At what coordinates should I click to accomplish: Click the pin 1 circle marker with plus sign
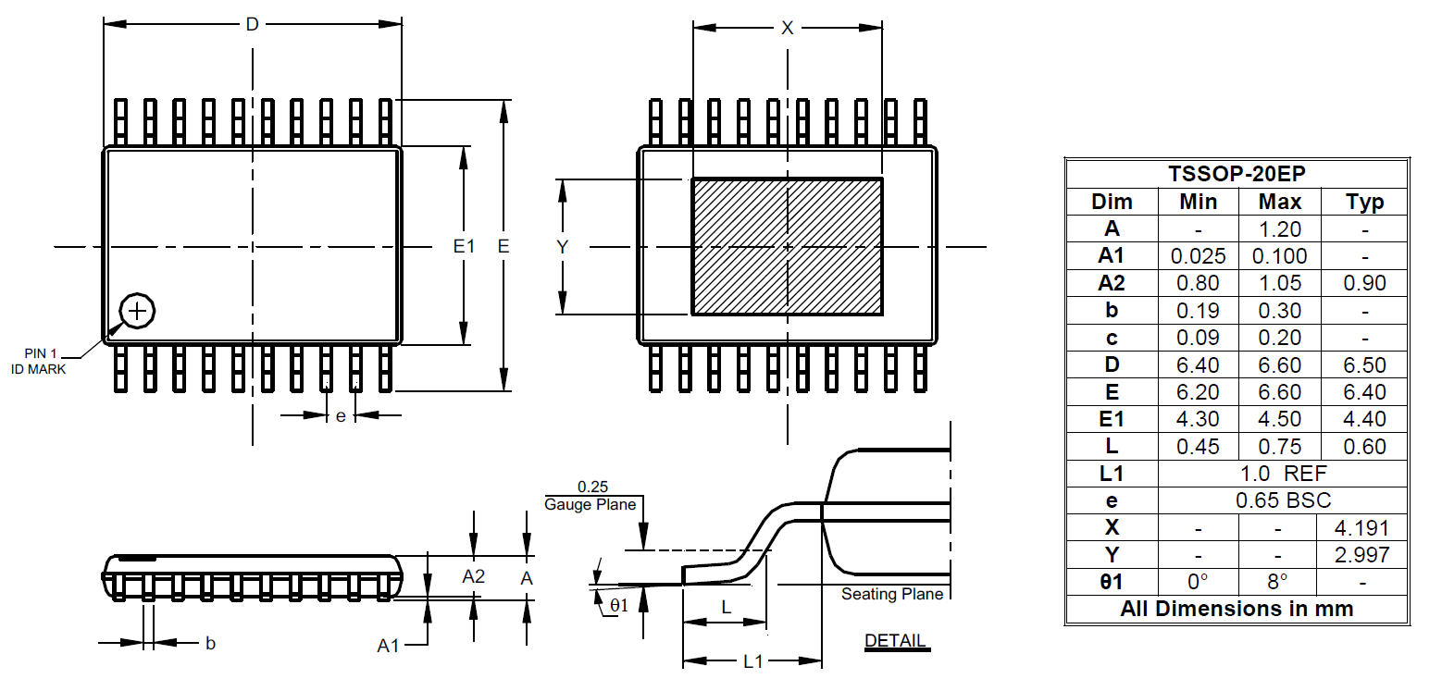tap(137, 311)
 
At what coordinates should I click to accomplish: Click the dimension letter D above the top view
tap(252, 25)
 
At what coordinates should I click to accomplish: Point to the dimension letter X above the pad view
tap(788, 28)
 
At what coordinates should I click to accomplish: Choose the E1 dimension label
tap(464, 246)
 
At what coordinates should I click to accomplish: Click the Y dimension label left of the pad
tap(562, 246)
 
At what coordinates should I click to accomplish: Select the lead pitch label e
tap(341, 416)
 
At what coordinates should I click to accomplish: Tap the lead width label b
tap(211, 643)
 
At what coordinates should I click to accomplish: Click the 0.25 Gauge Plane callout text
tap(590, 496)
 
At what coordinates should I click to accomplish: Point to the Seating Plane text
tap(891, 594)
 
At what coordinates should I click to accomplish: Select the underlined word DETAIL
tap(895, 640)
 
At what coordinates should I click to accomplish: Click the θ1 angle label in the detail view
tap(618, 605)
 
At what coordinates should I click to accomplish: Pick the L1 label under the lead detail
tap(753, 661)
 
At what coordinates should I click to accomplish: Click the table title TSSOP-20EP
tap(1237, 174)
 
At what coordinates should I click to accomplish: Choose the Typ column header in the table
tap(1364, 202)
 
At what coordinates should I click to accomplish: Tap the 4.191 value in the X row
tap(1364, 527)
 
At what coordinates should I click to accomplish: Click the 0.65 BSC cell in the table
tap(1283, 500)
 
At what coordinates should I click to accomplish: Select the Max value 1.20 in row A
tap(1280, 228)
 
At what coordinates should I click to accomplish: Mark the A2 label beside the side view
tap(474, 576)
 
